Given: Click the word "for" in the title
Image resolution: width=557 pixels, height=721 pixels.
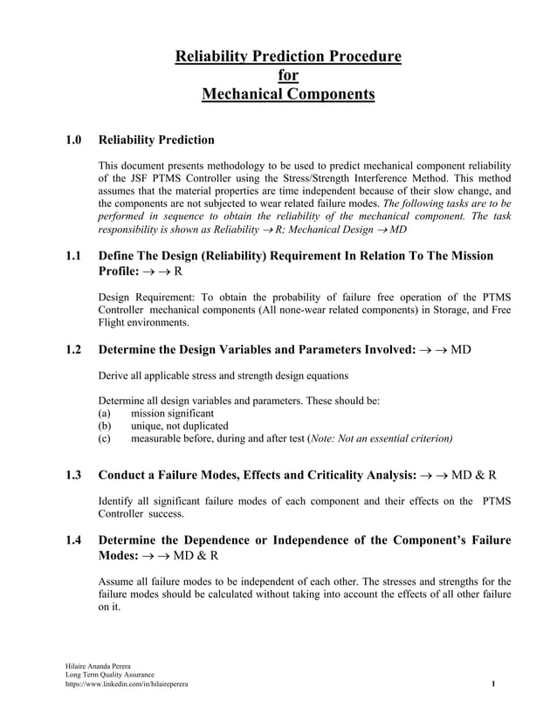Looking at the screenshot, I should coord(288,75).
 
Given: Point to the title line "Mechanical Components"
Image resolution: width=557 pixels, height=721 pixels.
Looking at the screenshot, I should coord(288,93).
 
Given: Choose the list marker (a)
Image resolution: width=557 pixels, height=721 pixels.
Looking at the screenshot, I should coord(104,414).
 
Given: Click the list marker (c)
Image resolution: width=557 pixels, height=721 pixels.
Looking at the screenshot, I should coord(104,438).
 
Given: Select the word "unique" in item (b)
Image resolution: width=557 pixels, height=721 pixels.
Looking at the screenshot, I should coord(147,426).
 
